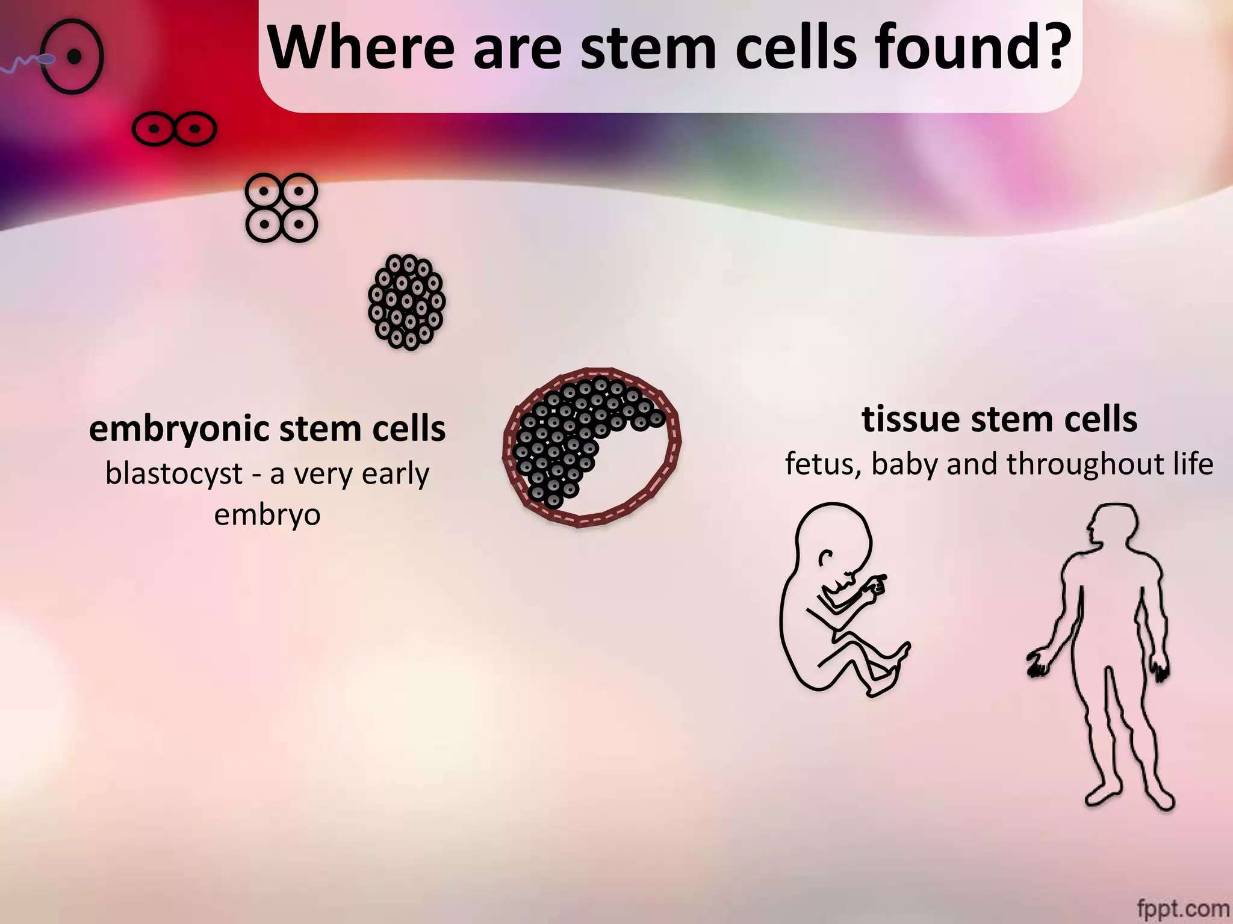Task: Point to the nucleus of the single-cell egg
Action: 75,57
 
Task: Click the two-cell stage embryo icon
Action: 174,129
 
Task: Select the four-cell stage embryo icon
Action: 281,208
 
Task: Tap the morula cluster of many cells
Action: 407,302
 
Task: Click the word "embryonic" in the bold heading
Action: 180,430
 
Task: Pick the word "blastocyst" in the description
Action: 174,474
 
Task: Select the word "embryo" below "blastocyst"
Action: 267,515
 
